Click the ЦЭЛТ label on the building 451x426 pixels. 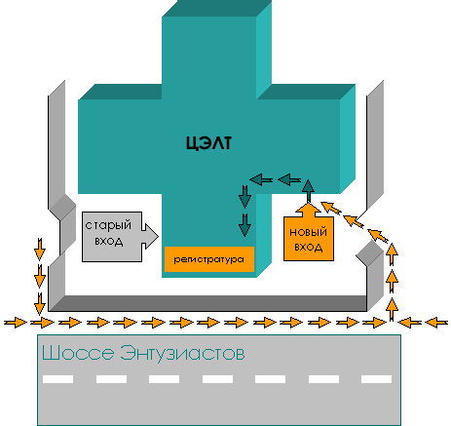(x=208, y=143)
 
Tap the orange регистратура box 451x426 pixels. (x=209, y=259)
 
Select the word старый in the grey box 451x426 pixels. (x=108, y=225)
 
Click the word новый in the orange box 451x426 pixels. (x=308, y=232)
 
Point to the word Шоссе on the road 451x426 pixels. (x=78, y=353)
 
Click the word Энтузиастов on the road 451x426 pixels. (x=182, y=353)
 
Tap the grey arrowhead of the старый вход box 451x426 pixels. (x=150, y=236)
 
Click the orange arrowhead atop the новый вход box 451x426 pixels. (x=308, y=210)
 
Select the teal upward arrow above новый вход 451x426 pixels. (x=308, y=191)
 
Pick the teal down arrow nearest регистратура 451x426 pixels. (x=244, y=225)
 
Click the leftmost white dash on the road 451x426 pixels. (x=57, y=379)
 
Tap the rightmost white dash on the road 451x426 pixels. (x=376, y=379)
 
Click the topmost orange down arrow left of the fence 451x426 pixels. (x=40, y=250)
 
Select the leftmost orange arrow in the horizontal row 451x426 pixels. (x=16, y=323)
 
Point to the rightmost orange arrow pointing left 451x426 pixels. (x=436, y=323)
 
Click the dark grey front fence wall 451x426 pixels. (x=207, y=303)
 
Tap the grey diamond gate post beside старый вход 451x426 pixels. (x=62, y=207)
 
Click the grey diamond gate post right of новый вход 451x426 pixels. (x=370, y=253)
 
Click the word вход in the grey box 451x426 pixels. (x=109, y=242)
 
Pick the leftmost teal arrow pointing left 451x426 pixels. (x=261, y=179)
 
